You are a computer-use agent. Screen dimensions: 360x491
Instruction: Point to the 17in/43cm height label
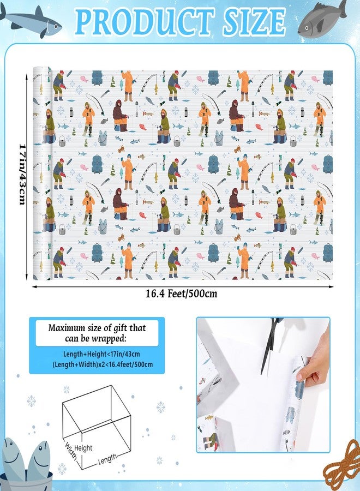[22, 175]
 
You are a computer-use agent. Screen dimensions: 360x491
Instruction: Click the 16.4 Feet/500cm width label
[181, 294]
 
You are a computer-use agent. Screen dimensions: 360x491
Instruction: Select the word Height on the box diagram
[83, 448]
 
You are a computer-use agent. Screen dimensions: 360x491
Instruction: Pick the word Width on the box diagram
[71, 451]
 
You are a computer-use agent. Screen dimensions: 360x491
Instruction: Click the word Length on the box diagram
[107, 459]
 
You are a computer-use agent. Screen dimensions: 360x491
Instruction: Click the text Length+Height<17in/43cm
[102, 354]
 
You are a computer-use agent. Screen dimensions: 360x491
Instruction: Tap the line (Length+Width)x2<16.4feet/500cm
[103, 364]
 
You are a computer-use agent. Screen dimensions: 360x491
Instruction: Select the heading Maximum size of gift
[97, 333]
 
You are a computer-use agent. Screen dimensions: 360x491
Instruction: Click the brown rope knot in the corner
[343, 463]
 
